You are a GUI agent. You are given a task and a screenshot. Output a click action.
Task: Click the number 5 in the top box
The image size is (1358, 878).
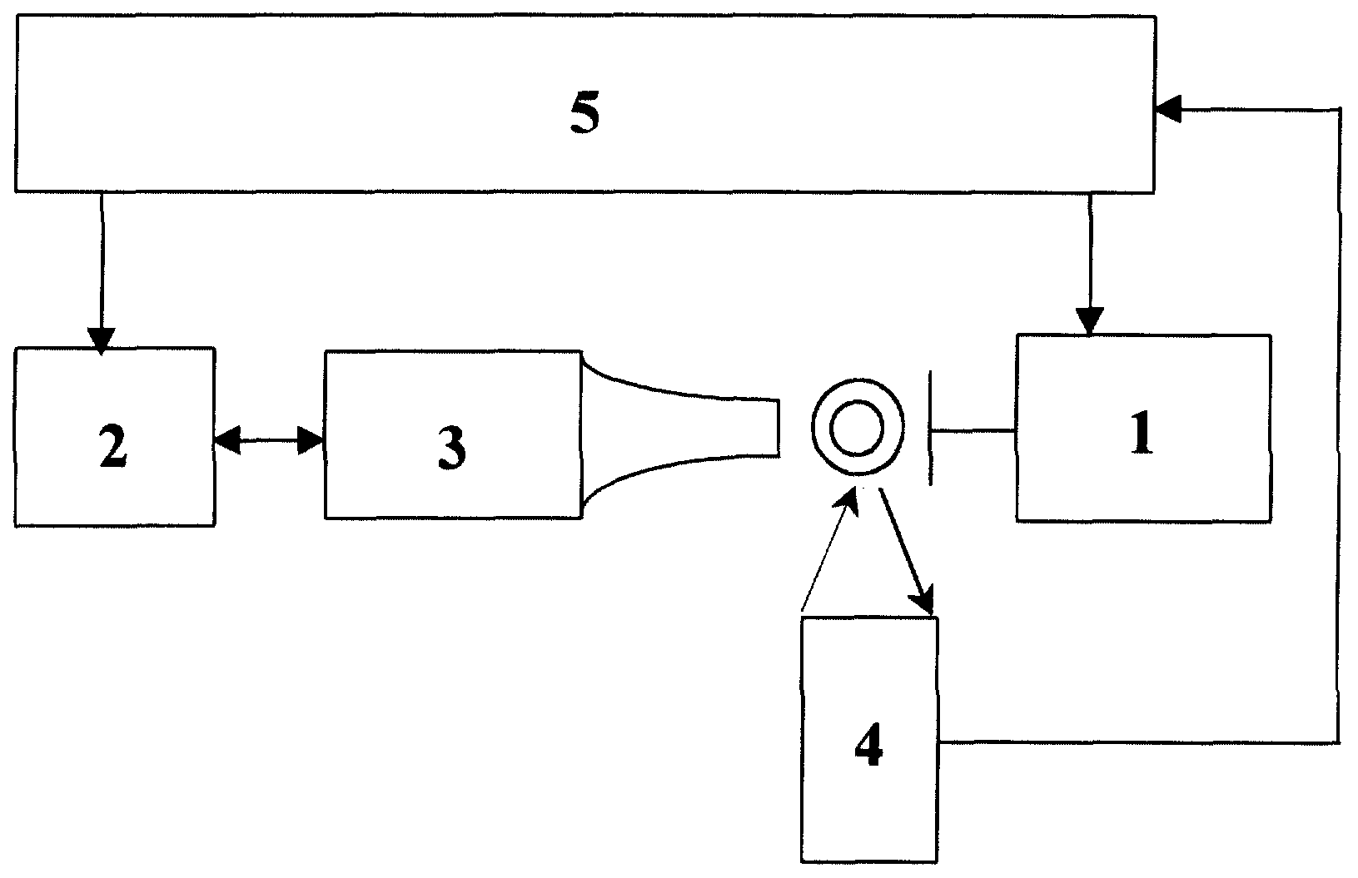point(585,112)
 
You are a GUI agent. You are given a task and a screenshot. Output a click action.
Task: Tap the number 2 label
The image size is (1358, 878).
point(113,447)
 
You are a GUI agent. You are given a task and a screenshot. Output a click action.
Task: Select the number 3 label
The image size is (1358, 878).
point(452,449)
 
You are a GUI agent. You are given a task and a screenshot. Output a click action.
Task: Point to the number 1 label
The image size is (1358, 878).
point(1142,433)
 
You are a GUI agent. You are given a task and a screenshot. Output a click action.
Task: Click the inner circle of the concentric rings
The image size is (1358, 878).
point(858,428)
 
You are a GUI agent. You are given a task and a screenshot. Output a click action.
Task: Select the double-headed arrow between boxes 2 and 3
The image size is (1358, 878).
point(269,440)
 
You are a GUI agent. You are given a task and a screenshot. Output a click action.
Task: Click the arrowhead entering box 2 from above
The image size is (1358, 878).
point(102,341)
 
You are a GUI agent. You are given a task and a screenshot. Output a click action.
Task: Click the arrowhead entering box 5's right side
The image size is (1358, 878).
point(1168,110)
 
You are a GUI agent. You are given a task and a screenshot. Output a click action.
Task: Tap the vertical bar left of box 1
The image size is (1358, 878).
point(931,429)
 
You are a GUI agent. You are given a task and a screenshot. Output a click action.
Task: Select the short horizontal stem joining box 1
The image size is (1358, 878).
point(974,431)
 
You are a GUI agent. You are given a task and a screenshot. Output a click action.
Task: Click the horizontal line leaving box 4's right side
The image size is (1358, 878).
point(1139,742)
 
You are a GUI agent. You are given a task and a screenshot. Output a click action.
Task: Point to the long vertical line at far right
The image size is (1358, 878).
point(1339,425)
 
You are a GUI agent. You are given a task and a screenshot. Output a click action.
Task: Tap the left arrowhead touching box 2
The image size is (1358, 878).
point(226,440)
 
